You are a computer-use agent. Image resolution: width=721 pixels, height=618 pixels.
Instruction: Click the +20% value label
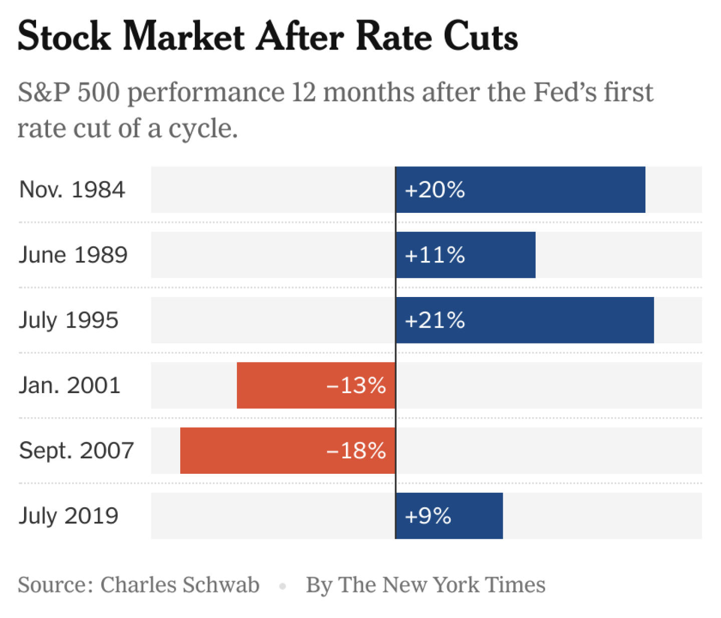coord(435,190)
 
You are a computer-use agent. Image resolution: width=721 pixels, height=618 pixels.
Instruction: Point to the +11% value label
coord(435,255)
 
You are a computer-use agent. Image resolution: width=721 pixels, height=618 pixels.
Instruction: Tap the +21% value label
coord(435,321)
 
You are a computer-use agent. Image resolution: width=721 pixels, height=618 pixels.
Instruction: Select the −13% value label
coord(356,386)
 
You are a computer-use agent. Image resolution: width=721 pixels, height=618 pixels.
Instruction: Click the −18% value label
coord(356,451)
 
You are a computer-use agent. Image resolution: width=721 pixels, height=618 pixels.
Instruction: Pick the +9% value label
coord(428,516)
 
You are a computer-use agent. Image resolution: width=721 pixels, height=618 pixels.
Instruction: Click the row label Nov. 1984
coord(72,190)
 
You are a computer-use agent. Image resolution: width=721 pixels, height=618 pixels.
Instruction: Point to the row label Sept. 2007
coord(77,451)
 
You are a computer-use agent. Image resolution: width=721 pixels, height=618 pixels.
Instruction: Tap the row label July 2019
coord(69,516)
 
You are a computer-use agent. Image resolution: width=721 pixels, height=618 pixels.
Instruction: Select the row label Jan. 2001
coord(70,386)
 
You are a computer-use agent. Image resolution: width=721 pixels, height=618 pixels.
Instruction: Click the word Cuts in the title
coord(480,37)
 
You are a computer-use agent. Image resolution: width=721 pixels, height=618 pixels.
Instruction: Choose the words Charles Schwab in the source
coord(180,585)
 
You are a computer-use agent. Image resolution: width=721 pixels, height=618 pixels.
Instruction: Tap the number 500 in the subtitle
coord(99,93)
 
